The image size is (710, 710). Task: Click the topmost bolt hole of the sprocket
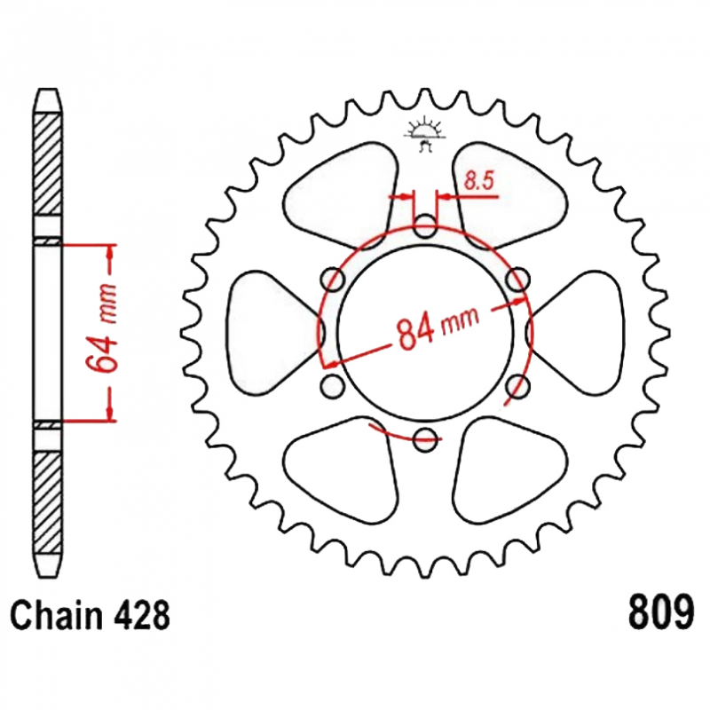[426, 226]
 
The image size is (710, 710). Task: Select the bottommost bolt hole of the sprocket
[426, 436]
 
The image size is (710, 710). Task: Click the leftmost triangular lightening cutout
[266, 332]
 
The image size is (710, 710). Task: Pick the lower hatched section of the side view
[49, 501]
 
